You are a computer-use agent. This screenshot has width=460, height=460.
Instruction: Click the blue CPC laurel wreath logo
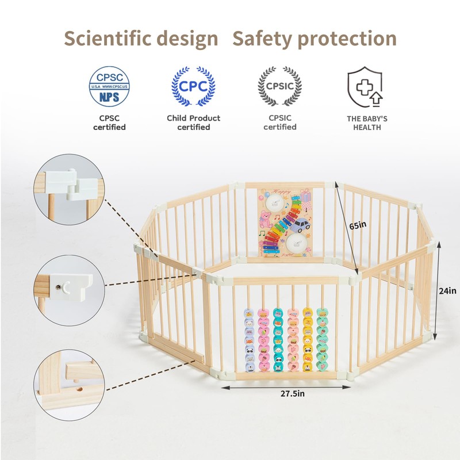(x=193, y=87)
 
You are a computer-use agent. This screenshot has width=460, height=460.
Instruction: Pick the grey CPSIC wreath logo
(x=279, y=87)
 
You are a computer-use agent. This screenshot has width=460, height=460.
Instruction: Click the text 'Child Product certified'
(x=193, y=122)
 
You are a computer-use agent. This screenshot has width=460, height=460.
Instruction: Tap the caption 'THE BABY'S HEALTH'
(x=367, y=122)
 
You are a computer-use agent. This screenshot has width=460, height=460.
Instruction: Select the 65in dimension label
(x=357, y=225)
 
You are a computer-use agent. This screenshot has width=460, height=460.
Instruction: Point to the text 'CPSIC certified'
(x=280, y=122)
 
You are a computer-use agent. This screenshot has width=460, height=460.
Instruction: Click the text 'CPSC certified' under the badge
(x=109, y=122)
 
